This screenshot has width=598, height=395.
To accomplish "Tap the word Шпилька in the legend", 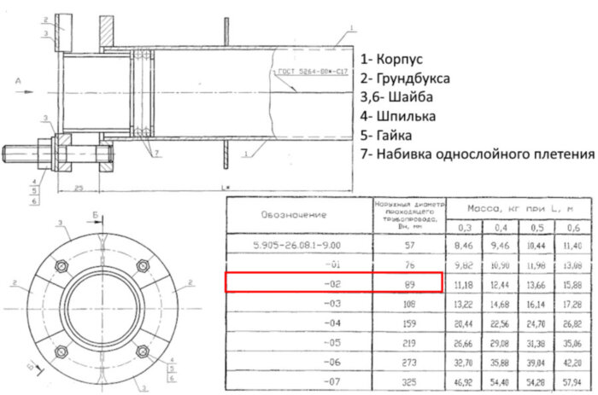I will [407, 116].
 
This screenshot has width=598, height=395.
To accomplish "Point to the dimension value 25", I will [78, 186].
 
